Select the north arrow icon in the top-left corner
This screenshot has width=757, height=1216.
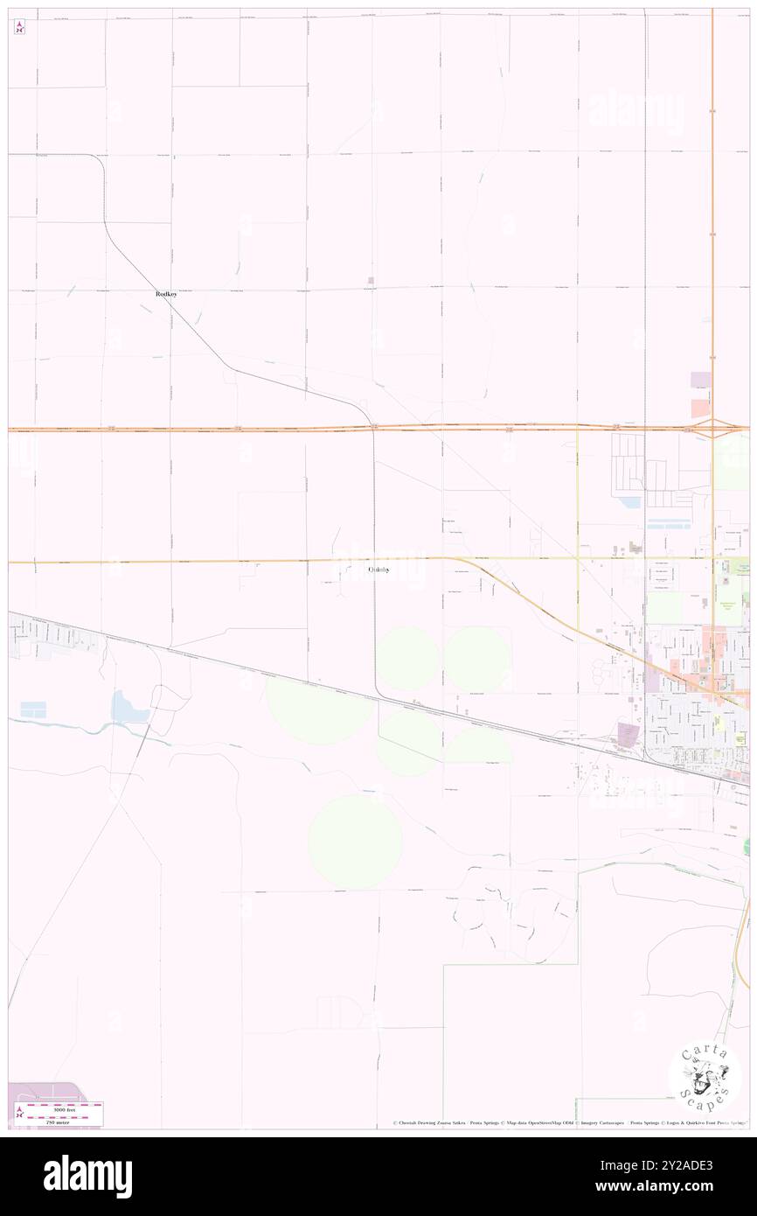19,26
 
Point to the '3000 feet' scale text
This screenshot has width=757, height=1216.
58,1108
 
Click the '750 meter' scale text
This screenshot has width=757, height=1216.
58,1119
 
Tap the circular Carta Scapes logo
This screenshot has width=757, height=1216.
705,1078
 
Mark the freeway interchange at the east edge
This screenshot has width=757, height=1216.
712,429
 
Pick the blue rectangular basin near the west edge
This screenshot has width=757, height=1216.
33,709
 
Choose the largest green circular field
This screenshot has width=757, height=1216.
355,841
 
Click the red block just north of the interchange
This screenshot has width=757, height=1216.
700,408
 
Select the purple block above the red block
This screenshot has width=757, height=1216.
700,381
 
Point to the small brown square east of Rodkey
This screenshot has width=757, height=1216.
372,281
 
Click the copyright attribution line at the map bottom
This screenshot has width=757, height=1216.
568,1123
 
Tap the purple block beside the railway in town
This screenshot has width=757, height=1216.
629,733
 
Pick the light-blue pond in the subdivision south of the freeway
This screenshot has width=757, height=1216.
629,504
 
